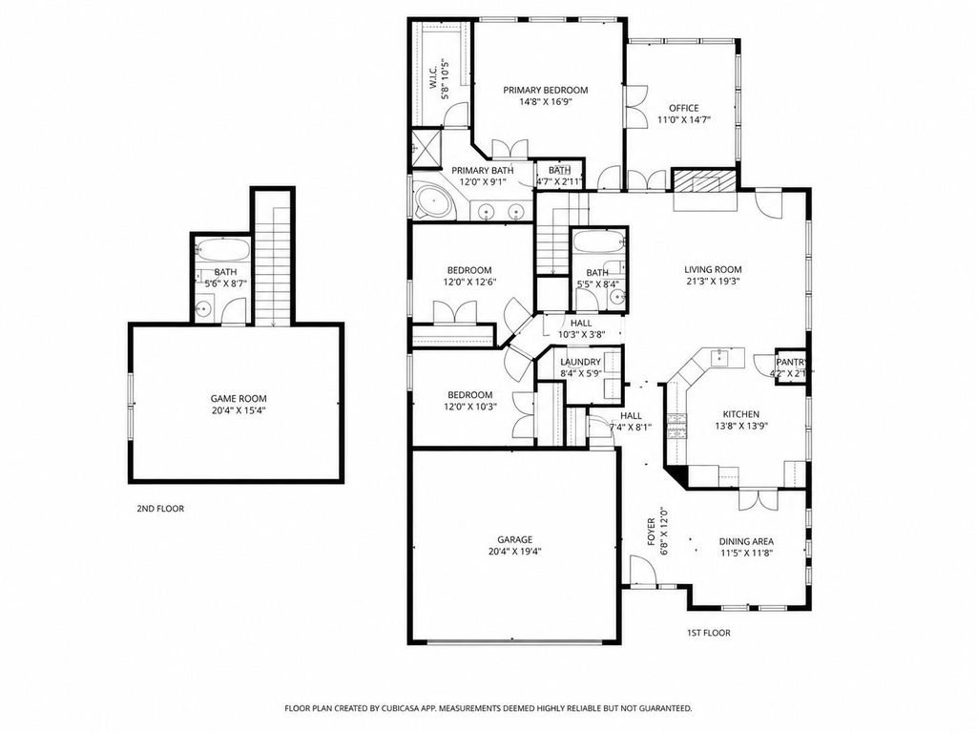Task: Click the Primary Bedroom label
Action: coord(545,90)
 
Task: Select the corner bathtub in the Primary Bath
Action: coord(430,200)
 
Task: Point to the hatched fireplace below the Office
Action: coord(704,180)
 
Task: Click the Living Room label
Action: coord(713,270)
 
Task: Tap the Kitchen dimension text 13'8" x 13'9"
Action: coord(740,427)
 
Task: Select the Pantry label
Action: coord(791,362)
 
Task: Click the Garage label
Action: coord(514,540)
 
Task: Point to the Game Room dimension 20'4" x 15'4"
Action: coord(239,410)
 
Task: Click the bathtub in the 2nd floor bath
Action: coord(222,249)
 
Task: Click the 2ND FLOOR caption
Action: coord(160,509)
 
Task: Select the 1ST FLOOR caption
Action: coord(709,633)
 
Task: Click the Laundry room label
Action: coord(580,362)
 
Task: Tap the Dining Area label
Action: coord(746,542)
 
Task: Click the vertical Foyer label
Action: coord(651,534)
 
